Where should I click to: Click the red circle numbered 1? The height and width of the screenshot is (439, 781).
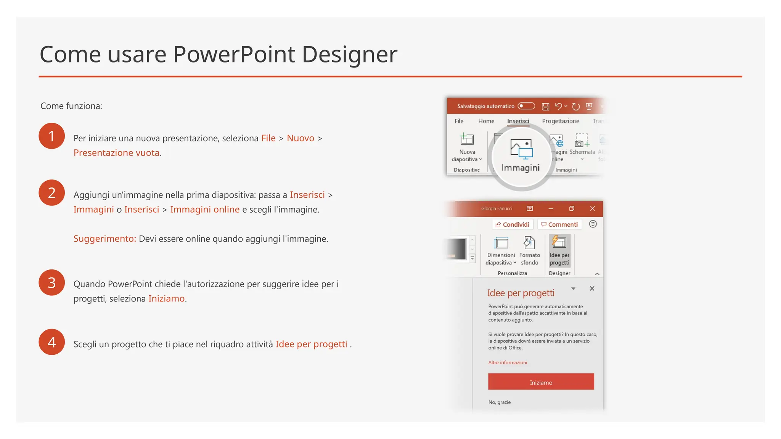[x=51, y=136]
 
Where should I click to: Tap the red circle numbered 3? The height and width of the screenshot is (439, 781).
[x=51, y=283]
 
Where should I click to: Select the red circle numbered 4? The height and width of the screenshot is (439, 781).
[x=51, y=342]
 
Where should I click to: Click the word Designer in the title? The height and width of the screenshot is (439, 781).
[x=349, y=54]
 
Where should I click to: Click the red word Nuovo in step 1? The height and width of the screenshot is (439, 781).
[x=301, y=138]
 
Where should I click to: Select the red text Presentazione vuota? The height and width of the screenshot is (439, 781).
[x=116, y=153]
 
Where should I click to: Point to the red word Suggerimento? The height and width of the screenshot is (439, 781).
[x=104, y=239]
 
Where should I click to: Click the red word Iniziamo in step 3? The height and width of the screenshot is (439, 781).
[x=166, y=299]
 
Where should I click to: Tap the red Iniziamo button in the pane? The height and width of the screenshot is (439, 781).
[x=541, y=382]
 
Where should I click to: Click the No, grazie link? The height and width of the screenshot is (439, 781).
[x=499, y=402]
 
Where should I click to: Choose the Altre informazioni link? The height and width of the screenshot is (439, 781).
[x=508, y=363]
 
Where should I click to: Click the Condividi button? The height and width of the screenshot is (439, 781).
[x=512, y=225]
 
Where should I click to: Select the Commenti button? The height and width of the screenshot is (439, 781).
[x=559, y=225]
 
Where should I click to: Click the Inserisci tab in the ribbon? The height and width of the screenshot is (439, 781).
[x=518, y=121]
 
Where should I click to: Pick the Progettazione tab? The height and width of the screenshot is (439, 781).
[x=560, y=121]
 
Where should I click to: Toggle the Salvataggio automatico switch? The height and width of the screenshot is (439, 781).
[x=526, y=106]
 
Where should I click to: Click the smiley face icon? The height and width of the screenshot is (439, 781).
[x=593, y=224]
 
